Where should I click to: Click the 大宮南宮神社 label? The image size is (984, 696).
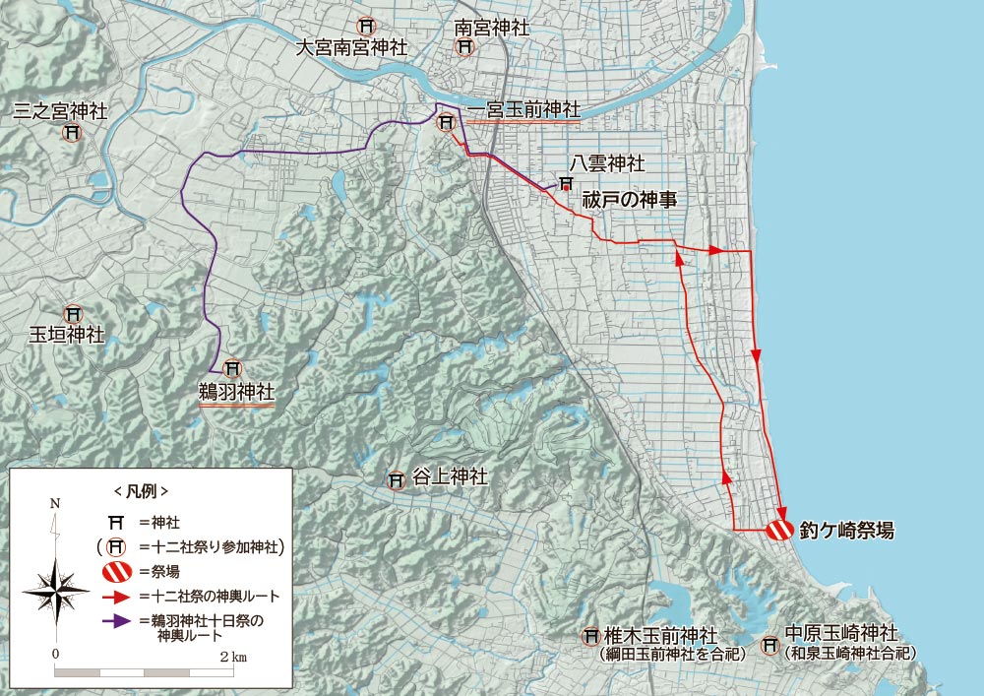click(353, 47)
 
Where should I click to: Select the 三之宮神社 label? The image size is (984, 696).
click(60, 111)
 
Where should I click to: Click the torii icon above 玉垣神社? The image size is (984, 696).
click(72, 314)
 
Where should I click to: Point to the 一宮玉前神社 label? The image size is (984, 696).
click(523, 110)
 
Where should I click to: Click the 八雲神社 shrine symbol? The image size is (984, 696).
click(566, 183)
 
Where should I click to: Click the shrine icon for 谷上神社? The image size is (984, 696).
click(397, 481)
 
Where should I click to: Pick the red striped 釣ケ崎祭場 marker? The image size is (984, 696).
click(778, 530)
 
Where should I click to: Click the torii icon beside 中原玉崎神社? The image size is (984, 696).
click(770, 648)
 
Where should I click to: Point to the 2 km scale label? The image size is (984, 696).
click(233, 655)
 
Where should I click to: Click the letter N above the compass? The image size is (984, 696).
click(55, 503)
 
